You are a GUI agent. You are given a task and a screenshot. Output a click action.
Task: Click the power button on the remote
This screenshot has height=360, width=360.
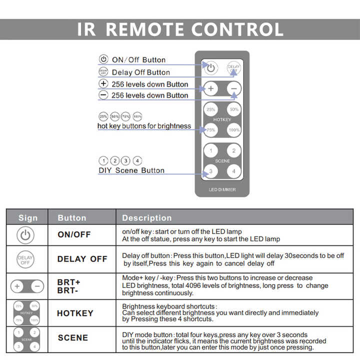pos(210,67)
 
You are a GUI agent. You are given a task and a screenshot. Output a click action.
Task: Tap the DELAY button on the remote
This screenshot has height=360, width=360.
pos(233,67)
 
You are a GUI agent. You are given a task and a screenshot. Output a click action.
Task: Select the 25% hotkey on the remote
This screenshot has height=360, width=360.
pos(210,109)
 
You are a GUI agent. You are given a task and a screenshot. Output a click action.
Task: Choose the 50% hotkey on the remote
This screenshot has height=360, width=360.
pos(233,109)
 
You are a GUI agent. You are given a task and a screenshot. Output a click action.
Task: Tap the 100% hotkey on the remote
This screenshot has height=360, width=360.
pos(233,130)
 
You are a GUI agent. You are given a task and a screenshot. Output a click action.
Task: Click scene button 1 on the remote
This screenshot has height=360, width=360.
pos(210,151)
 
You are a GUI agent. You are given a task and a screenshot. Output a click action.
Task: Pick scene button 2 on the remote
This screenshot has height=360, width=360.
pos(233,151)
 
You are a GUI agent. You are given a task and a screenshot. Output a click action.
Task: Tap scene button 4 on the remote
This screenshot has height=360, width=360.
pos(233,171)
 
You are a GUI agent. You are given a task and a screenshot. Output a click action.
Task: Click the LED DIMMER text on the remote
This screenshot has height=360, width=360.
pos(222,190)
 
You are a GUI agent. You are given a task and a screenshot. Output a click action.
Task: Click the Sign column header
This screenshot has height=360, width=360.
pos(28,218)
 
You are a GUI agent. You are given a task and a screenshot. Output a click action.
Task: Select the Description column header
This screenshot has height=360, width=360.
pos(146,218)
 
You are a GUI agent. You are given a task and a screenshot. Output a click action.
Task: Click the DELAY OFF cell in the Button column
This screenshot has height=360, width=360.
pos(82,259)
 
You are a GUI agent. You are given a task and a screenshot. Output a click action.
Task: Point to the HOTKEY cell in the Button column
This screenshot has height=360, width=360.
pos(75,313)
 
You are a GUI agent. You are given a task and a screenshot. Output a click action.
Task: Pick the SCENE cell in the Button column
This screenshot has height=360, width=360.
pos(73,338)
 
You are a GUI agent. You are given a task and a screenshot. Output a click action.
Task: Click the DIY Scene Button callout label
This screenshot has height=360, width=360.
pos(131,170)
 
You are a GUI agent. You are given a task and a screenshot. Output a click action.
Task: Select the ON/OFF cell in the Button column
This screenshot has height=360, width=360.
pos(74,234)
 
